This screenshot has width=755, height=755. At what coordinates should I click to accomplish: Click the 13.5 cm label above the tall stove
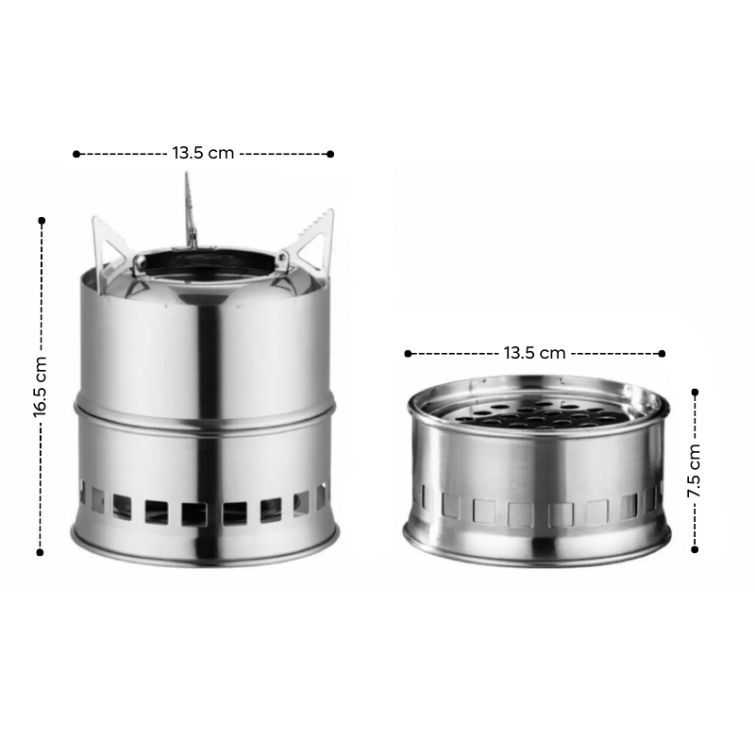click(203, 153)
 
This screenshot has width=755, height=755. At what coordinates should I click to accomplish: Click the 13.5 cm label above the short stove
click(534, 353)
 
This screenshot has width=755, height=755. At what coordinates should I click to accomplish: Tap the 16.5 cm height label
click(40, 387)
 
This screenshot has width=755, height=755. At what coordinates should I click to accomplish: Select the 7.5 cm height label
click(694, 471)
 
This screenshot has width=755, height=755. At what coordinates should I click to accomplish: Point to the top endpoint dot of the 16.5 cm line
click(42, 221)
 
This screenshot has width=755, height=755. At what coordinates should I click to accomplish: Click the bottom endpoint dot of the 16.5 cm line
click(40, 552)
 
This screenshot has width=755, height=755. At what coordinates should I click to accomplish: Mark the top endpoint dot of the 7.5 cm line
click(695, 393)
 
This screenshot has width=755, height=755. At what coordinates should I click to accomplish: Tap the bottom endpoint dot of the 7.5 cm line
click(695, 549)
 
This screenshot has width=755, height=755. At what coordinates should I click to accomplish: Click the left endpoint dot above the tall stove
click(76, 154)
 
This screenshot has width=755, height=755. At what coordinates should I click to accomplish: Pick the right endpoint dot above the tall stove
click(330, 154)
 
